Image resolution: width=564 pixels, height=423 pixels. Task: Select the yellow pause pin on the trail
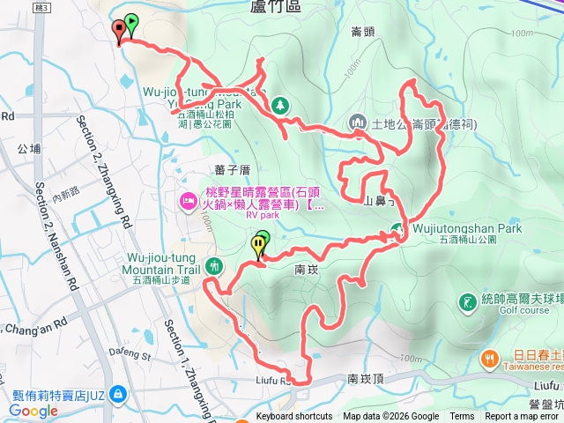(x=258, y=245)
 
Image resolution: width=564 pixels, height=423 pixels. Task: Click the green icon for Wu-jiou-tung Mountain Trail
(x=213, y=265)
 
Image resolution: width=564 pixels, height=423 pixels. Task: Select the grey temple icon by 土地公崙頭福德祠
(x=358, y=122)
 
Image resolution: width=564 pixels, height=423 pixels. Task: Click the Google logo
(x=33, y=410)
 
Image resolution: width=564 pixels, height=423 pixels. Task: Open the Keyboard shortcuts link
(x=294, y=417)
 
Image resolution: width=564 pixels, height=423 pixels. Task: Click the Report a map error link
(x=522, y=417)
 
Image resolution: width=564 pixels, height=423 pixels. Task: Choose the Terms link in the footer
(x=462, y=417)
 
